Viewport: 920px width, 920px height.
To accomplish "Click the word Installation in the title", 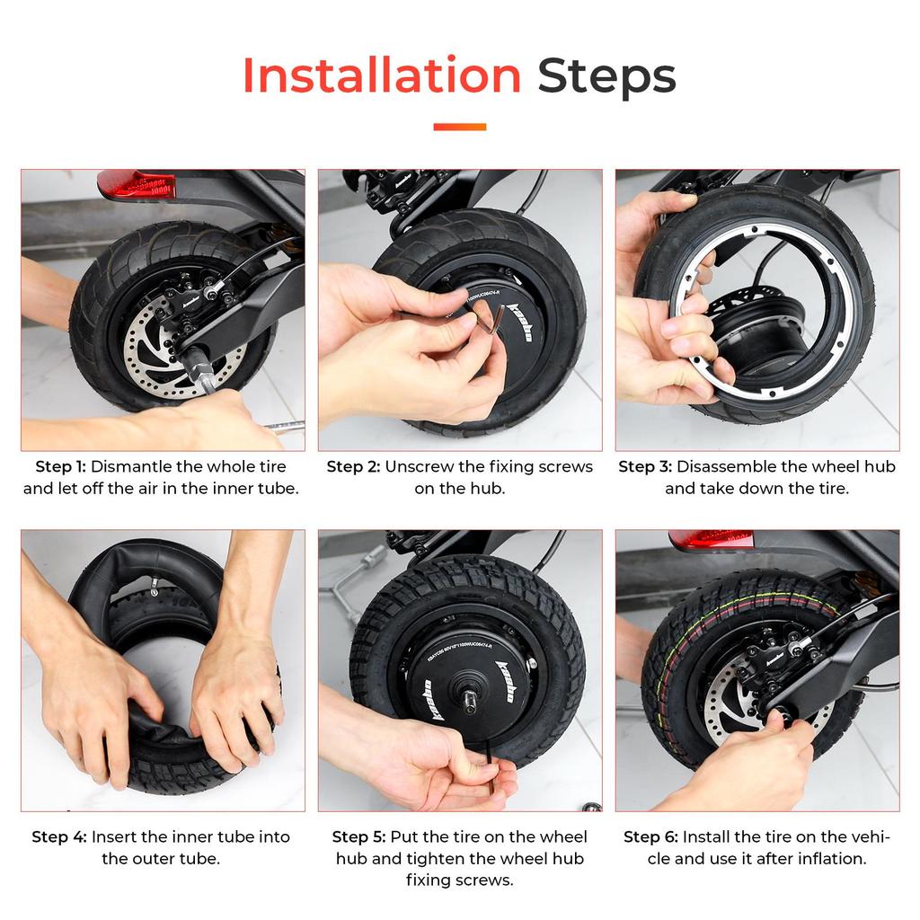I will (382, 75).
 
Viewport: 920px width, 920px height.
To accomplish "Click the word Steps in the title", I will (606, 75).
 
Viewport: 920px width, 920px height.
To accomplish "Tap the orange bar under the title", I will (459, 127).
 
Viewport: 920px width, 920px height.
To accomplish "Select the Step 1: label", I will (60, 466).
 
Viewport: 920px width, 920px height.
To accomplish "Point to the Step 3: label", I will (644, 466).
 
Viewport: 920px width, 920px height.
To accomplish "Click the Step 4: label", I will (59, 836).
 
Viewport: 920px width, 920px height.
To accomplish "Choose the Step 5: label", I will (359, 836).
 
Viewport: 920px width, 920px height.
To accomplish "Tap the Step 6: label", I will (650, 836).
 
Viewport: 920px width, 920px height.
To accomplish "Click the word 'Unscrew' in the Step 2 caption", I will (420, 466).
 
